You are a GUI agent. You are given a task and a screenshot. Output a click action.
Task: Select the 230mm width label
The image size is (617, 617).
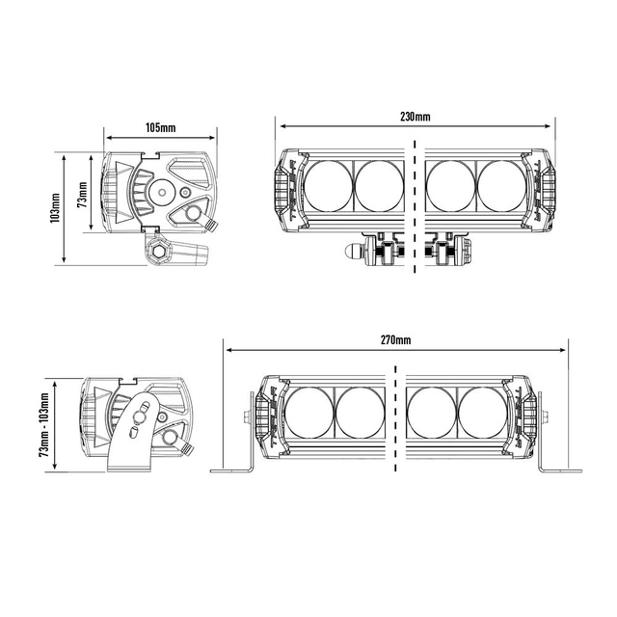pyautogui.click(x=416, y=117)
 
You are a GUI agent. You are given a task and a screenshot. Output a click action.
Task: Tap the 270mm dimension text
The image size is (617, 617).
pyautogui.click(x=395, y=340)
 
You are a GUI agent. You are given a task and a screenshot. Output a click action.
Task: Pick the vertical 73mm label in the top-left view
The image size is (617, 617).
pyautogui.click(x=82, y=196)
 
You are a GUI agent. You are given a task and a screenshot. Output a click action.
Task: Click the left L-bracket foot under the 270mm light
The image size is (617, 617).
pyautogui.click(x=232, y=469)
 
